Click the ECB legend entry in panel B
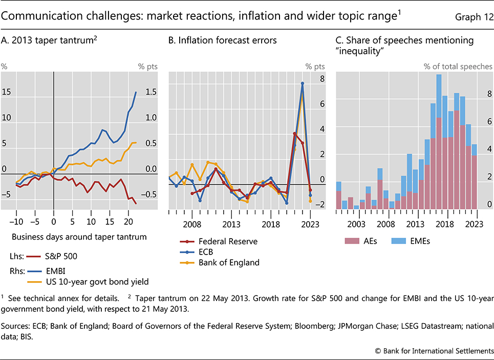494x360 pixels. [x=197, y=252]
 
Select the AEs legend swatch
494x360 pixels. [x=352, y=241]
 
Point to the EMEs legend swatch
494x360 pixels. [x=398, y=241]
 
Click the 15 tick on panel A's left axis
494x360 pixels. [x=6, y=92]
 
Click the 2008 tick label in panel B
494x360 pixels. [x=191, y=224]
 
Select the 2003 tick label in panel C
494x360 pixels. [x=356, y=224]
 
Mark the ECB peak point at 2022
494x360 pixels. [x=303, y=83]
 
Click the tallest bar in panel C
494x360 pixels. [x=439, y=141]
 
